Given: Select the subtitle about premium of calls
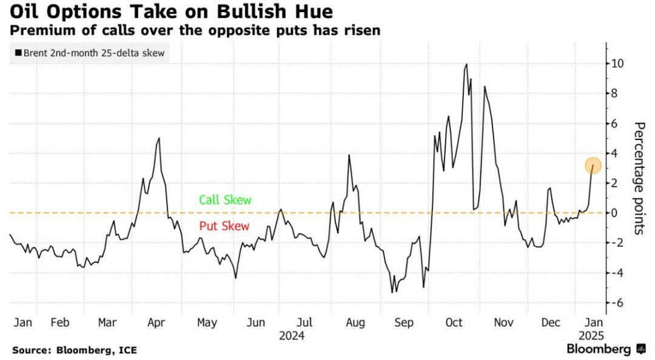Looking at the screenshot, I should (x=196, y=30).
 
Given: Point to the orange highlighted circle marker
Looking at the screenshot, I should (x=593, y=165).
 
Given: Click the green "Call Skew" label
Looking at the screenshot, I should (x=224, y=200).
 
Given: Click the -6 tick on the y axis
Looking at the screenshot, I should (x=619, y=303).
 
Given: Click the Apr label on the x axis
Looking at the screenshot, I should (x=158, y=322).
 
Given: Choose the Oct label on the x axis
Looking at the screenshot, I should (x=454, y=322).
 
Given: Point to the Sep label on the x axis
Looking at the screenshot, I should (x=404, y=322).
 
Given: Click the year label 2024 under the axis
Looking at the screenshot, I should (x=291, y=335).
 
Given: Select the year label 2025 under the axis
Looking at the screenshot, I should (x=592, y=335).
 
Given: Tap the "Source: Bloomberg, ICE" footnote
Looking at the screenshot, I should (x=75, y=350).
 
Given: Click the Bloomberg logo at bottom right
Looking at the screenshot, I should (x=606, y=350).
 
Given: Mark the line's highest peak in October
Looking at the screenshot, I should (x=466, y=64).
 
